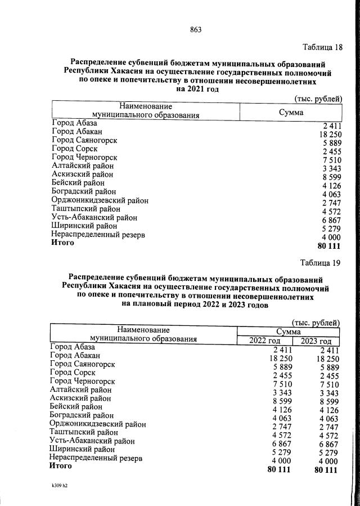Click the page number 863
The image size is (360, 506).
click(x=196, y=30)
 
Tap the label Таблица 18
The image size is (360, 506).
click(x=322, y=46)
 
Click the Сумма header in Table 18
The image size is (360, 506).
click(x=291, y=113)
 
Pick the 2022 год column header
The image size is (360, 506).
click(x=264, y=341)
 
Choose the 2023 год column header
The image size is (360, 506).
click(x=316, y=341)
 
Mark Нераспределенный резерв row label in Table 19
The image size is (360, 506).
click(x=96, y=458)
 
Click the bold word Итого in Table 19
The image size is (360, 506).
click(x=60, y=467)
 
